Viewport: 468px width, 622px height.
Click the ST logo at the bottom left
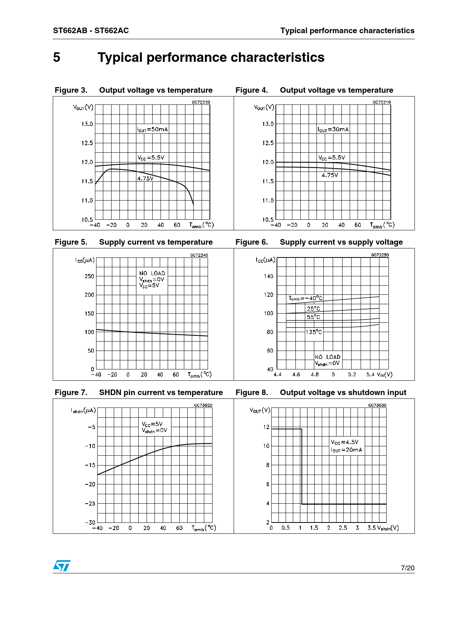click(x=61, y=565)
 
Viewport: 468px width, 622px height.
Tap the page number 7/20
click(x=407, y=568)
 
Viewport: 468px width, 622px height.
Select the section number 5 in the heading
click(x=57, y=58)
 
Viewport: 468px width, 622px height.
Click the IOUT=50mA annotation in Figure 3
click(x=153, y=129)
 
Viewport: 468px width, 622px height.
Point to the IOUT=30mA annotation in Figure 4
click(x=333, y=129)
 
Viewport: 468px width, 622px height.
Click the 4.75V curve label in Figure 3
click(x=145, y=178)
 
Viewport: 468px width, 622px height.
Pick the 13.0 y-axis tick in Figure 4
click(x=268, y=124)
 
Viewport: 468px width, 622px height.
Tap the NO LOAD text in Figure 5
click(x=152, y=273)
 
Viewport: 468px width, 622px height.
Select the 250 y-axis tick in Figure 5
click(x=89, y=276)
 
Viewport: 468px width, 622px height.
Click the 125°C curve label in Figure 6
click(x=314, y=332)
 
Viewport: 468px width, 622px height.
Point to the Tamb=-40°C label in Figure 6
click(x=306, y=298)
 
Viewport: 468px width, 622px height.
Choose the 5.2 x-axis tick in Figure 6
click(x=352, y=375)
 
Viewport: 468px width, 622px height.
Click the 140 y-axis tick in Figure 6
click(x=268, y=276)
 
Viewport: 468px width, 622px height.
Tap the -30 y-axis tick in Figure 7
click(x=90, y=522)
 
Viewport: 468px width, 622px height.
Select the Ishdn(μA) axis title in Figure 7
click(x=83, y=411)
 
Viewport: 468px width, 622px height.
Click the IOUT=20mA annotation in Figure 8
click(x=347, y=450)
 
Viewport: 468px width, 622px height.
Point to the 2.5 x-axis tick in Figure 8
click(x=343, y=528)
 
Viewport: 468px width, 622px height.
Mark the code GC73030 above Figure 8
click(x=377, y=405)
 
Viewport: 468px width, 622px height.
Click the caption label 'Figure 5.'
click(x=71, y=242)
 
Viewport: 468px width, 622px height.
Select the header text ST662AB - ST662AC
click(x=91, y=31)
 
